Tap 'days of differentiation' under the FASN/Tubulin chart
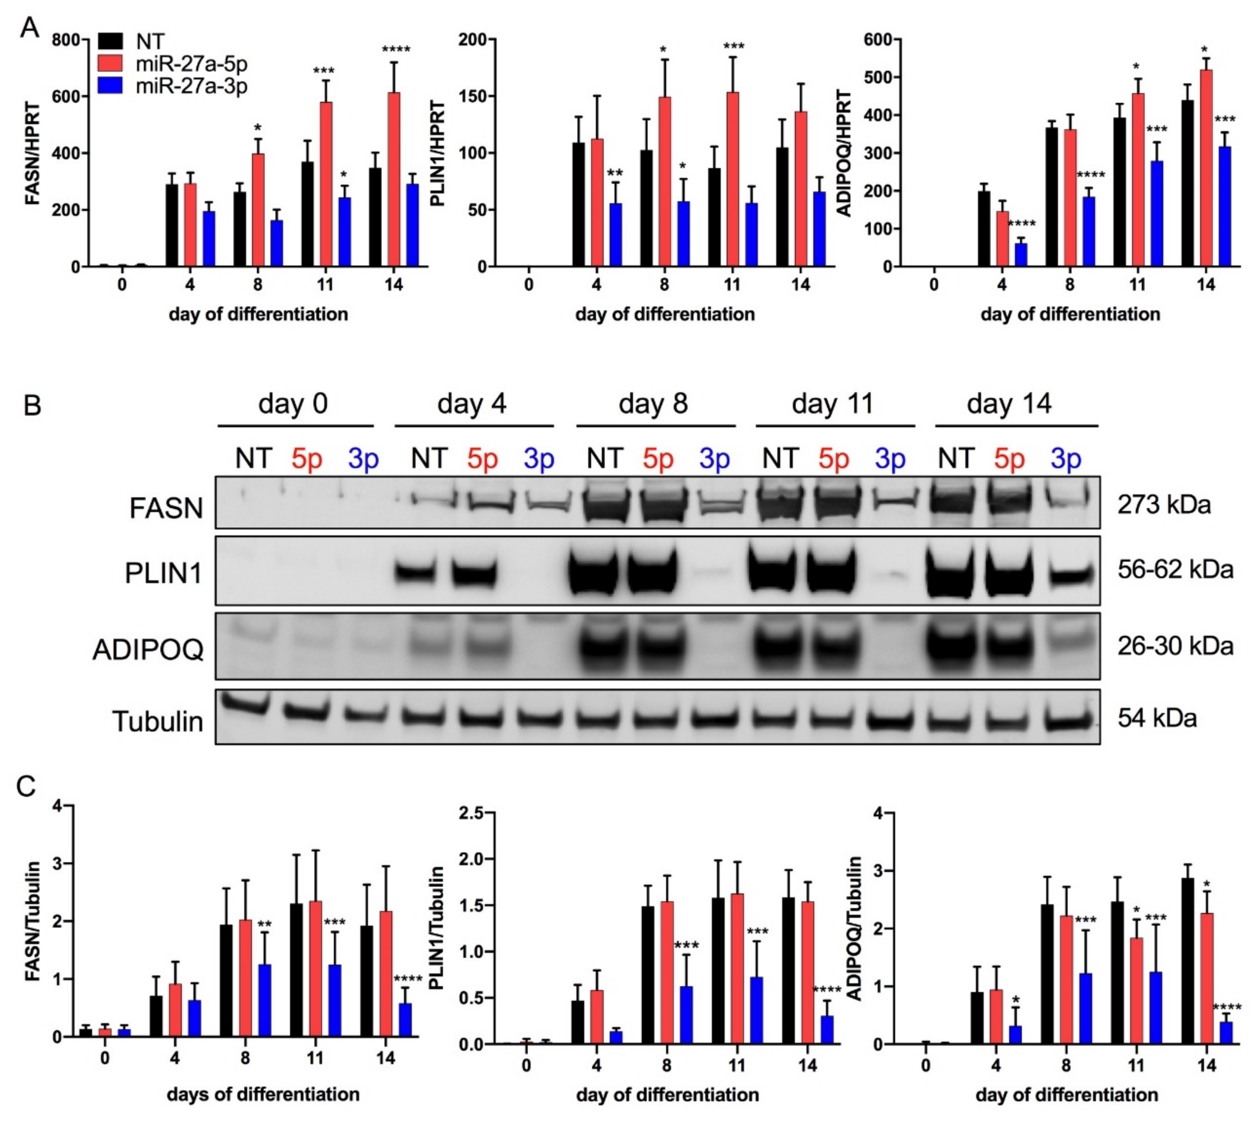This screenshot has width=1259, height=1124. pyautogui.click(x=263, y=1094)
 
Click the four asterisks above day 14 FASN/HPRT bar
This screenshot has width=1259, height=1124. pyautogui.click(x=395, y=49)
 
